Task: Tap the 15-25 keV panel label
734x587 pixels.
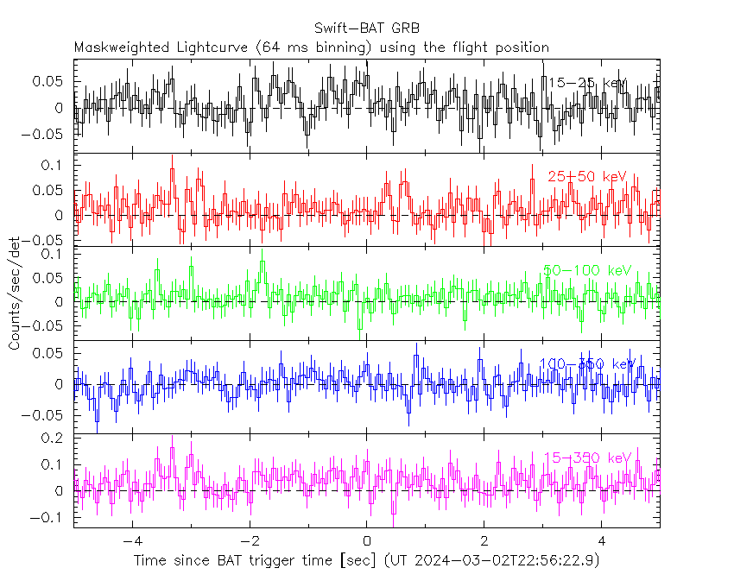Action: [587, 83]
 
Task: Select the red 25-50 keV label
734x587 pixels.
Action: [586, 176]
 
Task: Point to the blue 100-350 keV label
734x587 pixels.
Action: [587, 364]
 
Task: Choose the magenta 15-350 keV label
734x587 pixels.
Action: [587, 458]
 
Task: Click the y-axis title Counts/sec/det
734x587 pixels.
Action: [14, 293]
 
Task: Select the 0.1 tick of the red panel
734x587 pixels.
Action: [55, 165]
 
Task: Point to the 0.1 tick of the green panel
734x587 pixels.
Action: [55, 255]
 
